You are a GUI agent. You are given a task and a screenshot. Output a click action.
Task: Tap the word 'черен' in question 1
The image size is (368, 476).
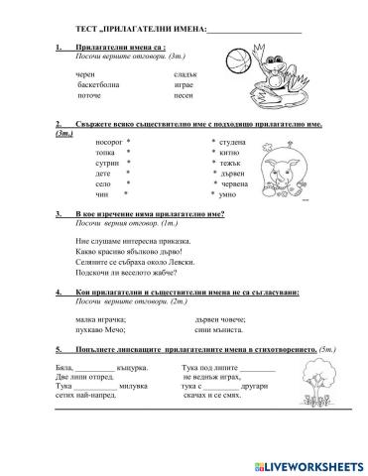point(86,75)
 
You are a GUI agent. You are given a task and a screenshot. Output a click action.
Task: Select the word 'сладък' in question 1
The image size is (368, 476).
point(185,75)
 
